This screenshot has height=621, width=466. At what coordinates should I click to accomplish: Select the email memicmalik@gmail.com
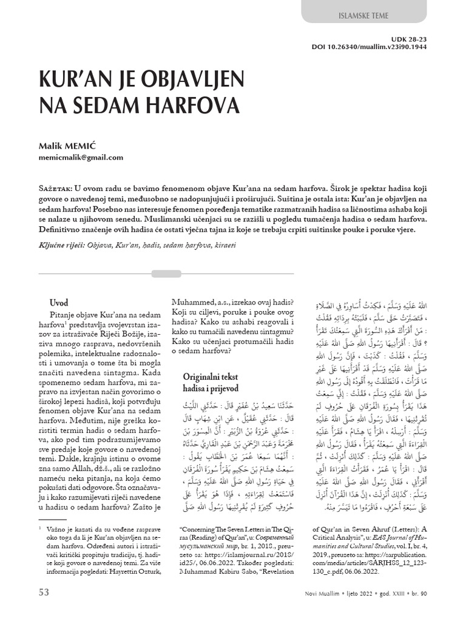point(81,157)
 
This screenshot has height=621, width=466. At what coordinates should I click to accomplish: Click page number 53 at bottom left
point(44,592)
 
